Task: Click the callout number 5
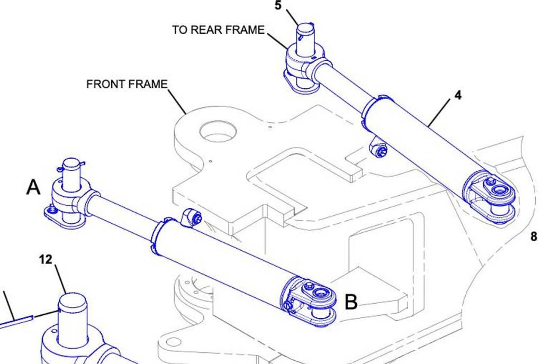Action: tap(278, 6)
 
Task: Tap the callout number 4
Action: tap(457, 95)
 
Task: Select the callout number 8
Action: tap(534, 236)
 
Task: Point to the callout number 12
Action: tap(46, 259)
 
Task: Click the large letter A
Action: tap(33, 187)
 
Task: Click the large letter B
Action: tap(351, 302)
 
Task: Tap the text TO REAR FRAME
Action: tap(218, 30)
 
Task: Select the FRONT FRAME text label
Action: tap(127, 84)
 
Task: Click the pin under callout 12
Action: tap(72, 317)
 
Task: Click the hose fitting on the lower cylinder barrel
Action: tap(191, 217)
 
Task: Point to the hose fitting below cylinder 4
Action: tap(379, 149)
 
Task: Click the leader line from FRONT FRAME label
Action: tap(177, 101)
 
